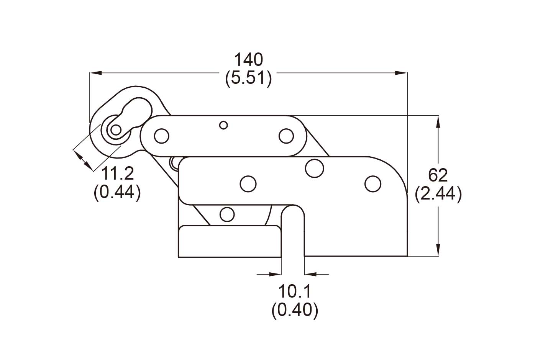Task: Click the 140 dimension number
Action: point(249,59)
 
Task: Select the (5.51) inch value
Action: point(249,78)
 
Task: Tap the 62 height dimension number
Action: point(438,175)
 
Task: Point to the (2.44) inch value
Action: point(438,194)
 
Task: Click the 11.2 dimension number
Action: point(117,173)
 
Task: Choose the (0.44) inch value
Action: point(117,192)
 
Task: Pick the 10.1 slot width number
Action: point(295,291)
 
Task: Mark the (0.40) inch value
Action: point(295,310)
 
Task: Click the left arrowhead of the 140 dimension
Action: point(96,73)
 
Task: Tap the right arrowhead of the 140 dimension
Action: point(401,73)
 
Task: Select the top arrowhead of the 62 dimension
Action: point(438,121)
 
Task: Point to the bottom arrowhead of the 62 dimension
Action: point(438,250)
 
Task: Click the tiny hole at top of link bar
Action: point(223,125)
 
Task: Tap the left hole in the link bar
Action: point(162,136)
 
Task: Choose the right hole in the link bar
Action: point(286,136)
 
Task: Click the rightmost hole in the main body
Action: point(373,184)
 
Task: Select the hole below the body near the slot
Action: point(227,214)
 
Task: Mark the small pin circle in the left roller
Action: point(116,130)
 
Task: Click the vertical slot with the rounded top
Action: point(293,231)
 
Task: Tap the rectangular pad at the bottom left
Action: point(230,241)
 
